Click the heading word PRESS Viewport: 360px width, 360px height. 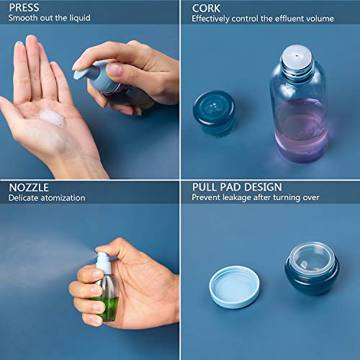point(24,7)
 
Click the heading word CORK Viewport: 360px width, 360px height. point(206,7)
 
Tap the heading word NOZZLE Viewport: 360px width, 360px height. point(29,187)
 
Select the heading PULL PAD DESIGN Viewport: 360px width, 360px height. point(236,187)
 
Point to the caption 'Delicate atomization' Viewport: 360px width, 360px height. point(47,198)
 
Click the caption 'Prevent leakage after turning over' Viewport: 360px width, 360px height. point(255,198)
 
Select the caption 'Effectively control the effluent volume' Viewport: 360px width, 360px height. point(263,18)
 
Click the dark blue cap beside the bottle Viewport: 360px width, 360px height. point(214,112)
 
